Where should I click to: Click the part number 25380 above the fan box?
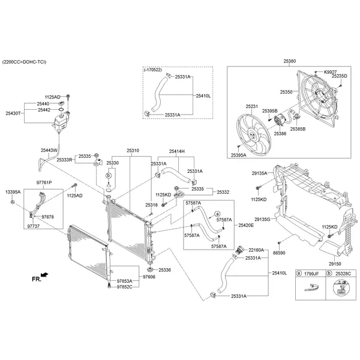coord(290,61)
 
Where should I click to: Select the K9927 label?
coord(331,72)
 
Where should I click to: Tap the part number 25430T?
coord(13,113)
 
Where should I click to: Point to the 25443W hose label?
coord(49,150)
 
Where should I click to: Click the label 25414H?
coord(176,151)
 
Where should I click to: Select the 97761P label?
coord(44,182)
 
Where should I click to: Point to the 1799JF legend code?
coord(311,273)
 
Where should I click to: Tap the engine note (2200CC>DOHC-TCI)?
coord(25,62)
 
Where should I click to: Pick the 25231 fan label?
coord(251,106)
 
